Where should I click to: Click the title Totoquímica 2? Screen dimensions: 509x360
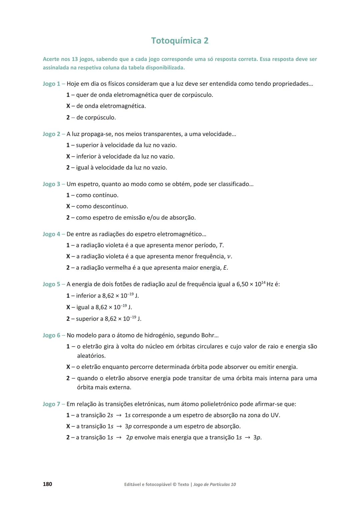click(x=180, y=41)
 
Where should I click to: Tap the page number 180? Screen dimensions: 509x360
click(x=47, y=484)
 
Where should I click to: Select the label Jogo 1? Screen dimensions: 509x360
click(x=51, y=84)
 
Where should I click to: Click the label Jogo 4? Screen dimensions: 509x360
click(x=51, y=234)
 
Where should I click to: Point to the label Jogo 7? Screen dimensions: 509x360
click(x=51, y=404)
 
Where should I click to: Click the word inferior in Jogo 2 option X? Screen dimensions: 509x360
click(x=87, y=156)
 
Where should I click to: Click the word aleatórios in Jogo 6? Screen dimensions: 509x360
click(x=91, y=356)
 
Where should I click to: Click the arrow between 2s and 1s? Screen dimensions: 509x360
click(x=119, y=415)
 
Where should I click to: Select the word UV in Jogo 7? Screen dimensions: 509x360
click(x=275, y=415)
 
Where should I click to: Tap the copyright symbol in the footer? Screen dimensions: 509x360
click(x=174, y=484)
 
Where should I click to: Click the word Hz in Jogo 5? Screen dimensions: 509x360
click(x=270, y=284)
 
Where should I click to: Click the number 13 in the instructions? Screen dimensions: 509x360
click(x=75, y=59)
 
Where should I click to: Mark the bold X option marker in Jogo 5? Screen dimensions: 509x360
click(x=68, y=307)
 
